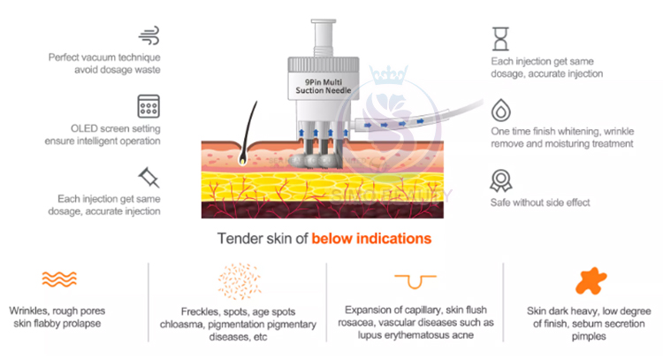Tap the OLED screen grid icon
pos(148,107)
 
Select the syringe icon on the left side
pos(147,177)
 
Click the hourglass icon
pos(501,38)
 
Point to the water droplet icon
pos(501,110)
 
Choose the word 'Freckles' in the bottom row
pos(194,310)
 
